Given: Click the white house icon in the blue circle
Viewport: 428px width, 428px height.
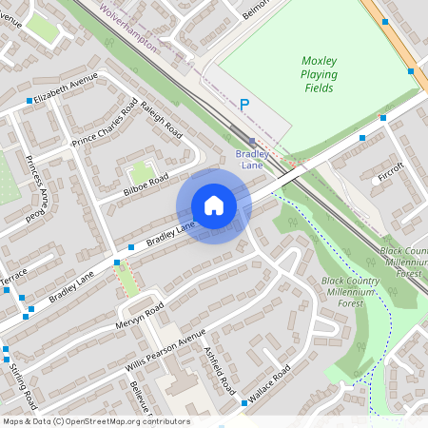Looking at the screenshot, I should click(x=214, y=205).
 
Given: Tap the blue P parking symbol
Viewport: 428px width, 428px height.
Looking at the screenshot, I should click(x=245, y=106).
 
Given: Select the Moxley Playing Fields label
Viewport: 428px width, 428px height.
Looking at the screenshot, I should click(x=325, y=73).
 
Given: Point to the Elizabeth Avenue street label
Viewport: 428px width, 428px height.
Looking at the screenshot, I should click(x=66, y=88).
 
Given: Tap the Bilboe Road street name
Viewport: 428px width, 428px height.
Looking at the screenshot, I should click(x=146, y=185).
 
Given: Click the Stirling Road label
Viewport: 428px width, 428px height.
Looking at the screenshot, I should click(x=25, y=384).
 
